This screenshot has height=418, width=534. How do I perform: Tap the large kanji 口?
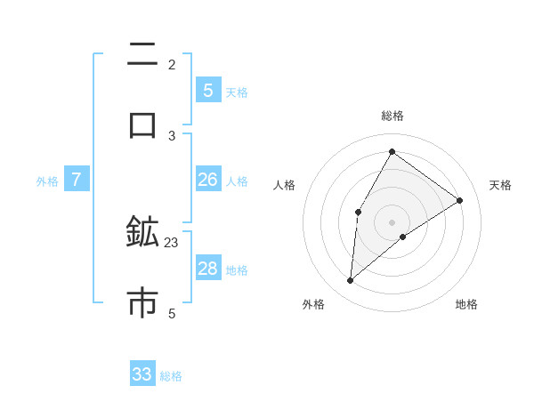[142, 124]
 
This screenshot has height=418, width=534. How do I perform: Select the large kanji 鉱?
[142, 233]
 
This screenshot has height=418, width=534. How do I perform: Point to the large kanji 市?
[142, 302]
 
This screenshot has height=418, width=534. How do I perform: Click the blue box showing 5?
[208, 91]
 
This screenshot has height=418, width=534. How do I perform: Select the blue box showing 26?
[208, 180]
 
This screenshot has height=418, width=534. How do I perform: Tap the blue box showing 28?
[208, 269]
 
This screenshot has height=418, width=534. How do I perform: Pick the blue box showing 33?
[142, 374]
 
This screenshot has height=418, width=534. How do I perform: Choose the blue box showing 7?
[77, 180]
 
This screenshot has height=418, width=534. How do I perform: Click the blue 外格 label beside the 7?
[47, 181]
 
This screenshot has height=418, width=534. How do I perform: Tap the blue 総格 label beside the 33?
[171, 376]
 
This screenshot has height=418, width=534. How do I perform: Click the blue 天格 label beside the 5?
[237, 92]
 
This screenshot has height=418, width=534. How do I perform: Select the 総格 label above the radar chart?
[392, 116]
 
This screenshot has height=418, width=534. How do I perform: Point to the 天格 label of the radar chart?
[500, 185]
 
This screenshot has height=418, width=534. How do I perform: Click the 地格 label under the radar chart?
[466, 304]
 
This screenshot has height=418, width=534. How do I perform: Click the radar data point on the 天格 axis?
[460, 200]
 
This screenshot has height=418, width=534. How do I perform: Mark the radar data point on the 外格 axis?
[351, 281]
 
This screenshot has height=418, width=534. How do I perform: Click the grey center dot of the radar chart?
[392, 221]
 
